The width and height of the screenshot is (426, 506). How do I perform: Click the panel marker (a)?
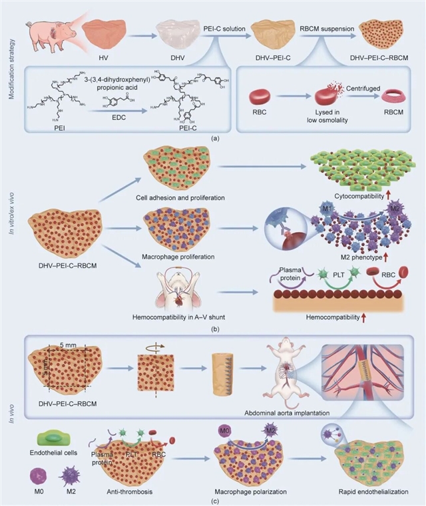(214, 136)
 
